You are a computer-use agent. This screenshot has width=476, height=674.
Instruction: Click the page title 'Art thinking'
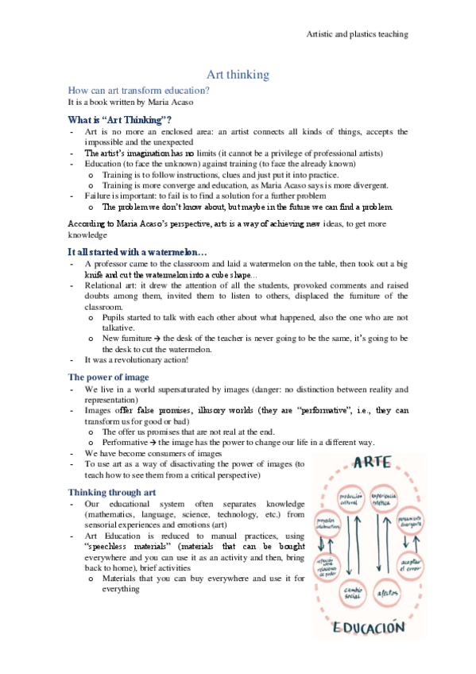[238, 75]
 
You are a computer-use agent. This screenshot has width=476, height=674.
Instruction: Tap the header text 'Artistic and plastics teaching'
[357, 34]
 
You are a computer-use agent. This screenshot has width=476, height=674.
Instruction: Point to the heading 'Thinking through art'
[113, 492]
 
